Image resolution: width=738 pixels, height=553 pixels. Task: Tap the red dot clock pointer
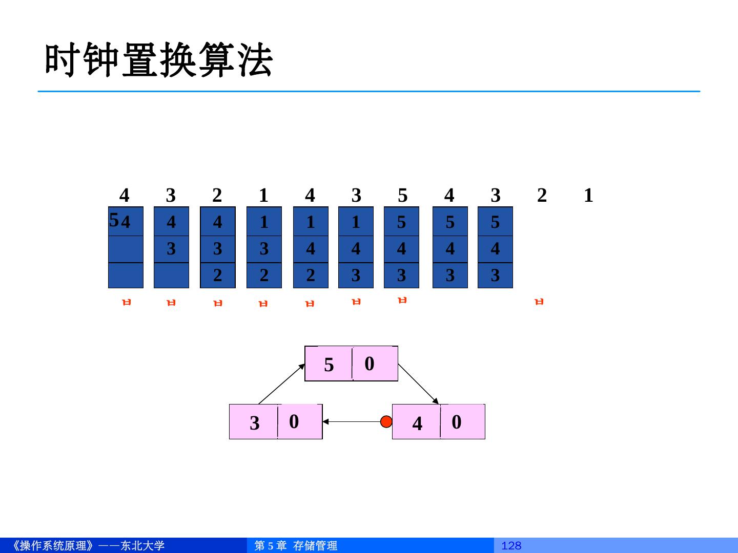(386, 421)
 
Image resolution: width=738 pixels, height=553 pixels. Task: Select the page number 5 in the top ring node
(329, 365)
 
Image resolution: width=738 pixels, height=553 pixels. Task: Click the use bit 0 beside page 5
(370, 364)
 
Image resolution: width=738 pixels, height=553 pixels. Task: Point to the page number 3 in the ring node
(254, 423)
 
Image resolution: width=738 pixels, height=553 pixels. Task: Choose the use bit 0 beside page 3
(294, 421)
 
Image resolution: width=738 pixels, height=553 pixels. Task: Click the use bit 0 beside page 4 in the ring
(456, 422)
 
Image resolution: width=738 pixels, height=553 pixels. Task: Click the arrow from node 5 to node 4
(418, 384)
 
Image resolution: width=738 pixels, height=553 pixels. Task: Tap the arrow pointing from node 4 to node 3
(354, 422)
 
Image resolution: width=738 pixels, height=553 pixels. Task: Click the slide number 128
(511, 546)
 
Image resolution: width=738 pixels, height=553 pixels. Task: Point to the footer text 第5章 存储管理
(296, 546)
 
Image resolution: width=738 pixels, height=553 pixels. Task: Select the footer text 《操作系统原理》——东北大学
(87, 546)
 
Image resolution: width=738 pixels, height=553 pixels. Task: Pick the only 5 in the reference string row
(403, 195)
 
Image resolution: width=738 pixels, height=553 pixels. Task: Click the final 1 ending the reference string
(588, 195)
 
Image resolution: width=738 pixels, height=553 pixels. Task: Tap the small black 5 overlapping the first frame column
(114, 220)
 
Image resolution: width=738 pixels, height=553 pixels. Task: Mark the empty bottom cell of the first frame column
(126, 275)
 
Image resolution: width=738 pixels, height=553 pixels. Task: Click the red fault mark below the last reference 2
(539, 302)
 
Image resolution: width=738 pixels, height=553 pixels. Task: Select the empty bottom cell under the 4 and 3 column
(171, 275)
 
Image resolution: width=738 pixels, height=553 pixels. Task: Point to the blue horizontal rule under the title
(369, 92)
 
